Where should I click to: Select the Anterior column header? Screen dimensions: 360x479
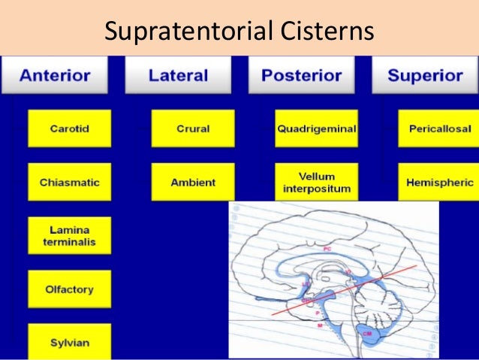pos(56,75)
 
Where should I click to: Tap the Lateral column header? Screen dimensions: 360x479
pos(178,75)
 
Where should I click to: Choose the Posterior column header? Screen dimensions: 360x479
pos(301,75)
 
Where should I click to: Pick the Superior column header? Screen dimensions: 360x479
pos(425,75)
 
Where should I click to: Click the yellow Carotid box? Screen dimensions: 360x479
pos(69,129)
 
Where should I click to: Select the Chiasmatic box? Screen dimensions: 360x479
pos(69,182)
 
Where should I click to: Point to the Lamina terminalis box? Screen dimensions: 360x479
pos(69,235)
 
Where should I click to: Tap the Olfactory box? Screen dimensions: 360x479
pos(69,289)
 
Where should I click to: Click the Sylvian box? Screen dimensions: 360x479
pos(69,342)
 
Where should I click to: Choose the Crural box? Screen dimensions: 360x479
pos(193,129)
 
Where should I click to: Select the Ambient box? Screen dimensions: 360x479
pos(193,182)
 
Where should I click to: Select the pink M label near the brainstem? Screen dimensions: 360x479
pos(321,325)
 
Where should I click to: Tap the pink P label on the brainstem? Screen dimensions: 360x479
pos(318,311)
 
